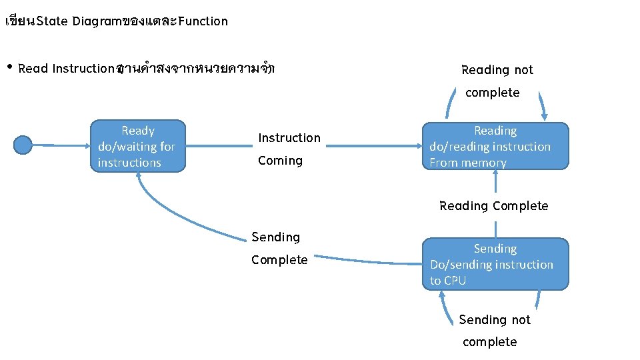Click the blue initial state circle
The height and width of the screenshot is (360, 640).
click(x=23, y=145)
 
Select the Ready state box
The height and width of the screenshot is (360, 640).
click(x=138, y=147)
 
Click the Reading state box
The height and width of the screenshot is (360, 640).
click(x=495, y=147)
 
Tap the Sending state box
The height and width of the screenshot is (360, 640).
click(x=495, y=264)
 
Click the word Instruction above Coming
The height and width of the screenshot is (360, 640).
click(x=289, y=138)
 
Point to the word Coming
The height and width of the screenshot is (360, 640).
click(x=280, y=161)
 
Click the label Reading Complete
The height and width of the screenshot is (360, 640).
click(x=493, y=206)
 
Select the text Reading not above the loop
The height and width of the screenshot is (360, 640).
click(x=497, y=70)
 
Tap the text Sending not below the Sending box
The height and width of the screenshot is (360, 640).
click(x=494, y=320)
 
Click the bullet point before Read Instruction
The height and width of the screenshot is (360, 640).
click(x=9, y=68)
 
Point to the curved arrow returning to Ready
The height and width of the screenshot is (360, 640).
click(x=180, y=220)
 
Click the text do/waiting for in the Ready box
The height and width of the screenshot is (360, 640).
click(x=136, y=147)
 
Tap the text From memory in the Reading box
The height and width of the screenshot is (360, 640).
click(x=468, y=163)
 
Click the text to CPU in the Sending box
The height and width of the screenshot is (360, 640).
click(x=447, y=281)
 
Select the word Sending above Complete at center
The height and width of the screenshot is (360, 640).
click(x=275, y=237)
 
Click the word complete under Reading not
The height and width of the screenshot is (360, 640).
click(x=492, y=93)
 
